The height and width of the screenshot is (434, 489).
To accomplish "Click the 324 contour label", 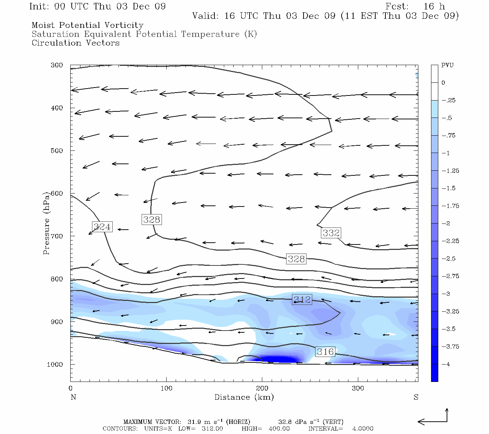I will click(x=102, y=227).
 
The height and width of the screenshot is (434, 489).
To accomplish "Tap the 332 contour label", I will click(x=331, y=233).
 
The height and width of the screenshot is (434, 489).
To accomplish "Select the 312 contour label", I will click(x=302, y=299).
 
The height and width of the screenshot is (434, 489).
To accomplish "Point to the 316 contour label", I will click(x=325, y=352).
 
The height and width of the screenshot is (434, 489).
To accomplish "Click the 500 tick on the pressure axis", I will click(x=57, y=151).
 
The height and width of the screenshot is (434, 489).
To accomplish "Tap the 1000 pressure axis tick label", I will click(x=55, y=365).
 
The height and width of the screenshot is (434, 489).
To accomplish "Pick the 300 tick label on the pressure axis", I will click(x=57, y=65).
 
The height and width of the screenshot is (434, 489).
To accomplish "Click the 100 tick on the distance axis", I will click(x=167, y=388).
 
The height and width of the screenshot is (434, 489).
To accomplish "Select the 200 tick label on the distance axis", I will click(x=262, y=388).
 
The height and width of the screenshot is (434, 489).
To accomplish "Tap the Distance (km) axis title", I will click(x=244, y=397).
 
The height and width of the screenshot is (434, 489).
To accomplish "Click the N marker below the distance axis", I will click(x=73, y=397).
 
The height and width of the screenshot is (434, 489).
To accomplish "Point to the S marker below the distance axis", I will click(x=416, y=397).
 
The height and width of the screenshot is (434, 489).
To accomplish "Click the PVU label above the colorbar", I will click(x=447, y=65).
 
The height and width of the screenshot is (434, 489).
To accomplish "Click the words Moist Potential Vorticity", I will click(x=88, y=25).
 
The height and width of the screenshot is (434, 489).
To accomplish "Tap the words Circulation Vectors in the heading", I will click(x=76, y=43).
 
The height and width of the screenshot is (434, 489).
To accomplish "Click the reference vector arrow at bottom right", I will click(x=433, y=420).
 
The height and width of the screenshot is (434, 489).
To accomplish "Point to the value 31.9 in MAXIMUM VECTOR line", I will click(x=194, y=422).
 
